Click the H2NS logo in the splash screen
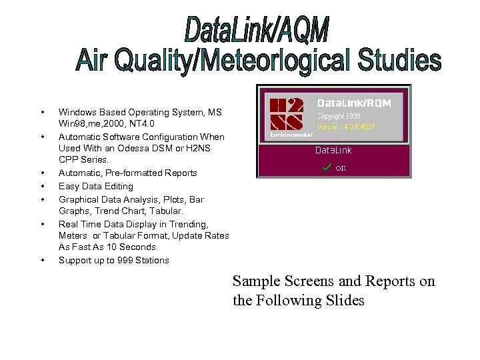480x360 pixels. click(x=287, y=115)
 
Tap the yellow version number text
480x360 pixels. click(x=347, y=126)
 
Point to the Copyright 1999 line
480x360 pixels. click(x=340, y=115)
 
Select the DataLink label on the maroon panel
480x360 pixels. click(x=333, y=150)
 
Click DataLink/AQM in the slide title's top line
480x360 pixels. click(x=257, y=30)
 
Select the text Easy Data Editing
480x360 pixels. click(x=95, y=186)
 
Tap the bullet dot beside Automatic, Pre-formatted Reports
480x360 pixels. click(x=43, y=173)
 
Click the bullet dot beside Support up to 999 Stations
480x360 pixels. click(x=43, y=260)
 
